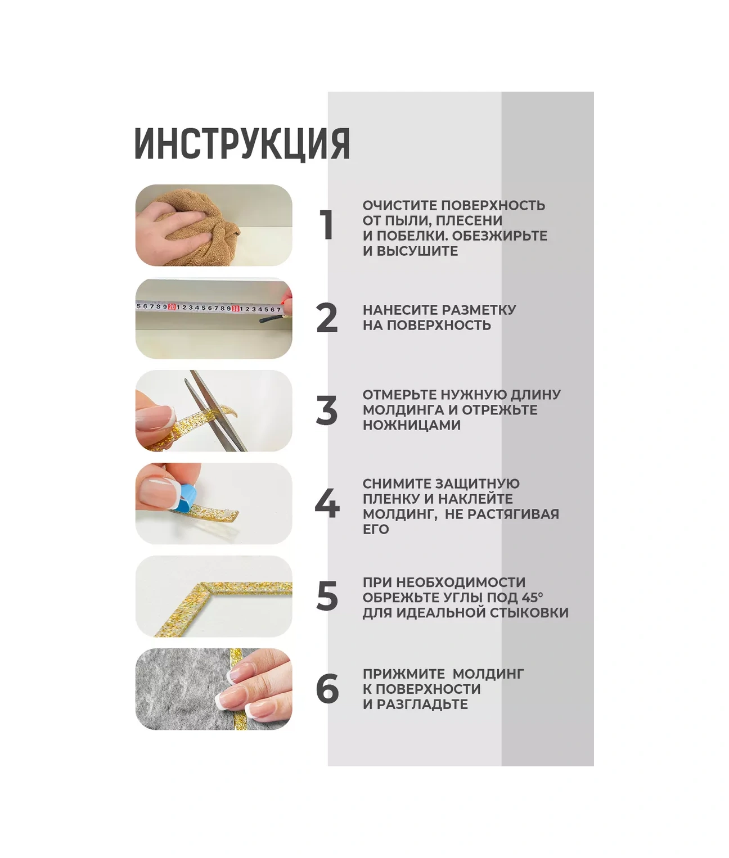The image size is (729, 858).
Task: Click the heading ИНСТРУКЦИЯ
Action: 242,143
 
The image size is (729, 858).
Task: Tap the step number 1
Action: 326,224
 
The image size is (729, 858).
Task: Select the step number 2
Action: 327,318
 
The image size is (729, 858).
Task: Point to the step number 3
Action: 327,410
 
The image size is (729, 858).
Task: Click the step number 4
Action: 327,504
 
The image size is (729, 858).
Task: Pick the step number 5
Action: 327,597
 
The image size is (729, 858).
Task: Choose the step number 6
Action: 327,689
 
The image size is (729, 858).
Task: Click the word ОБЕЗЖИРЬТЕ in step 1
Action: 499,236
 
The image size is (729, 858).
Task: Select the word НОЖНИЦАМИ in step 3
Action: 412,425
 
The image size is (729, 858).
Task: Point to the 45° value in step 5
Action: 530,597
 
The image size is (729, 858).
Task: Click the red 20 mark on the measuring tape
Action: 172,307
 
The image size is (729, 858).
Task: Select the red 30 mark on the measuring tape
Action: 236,309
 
